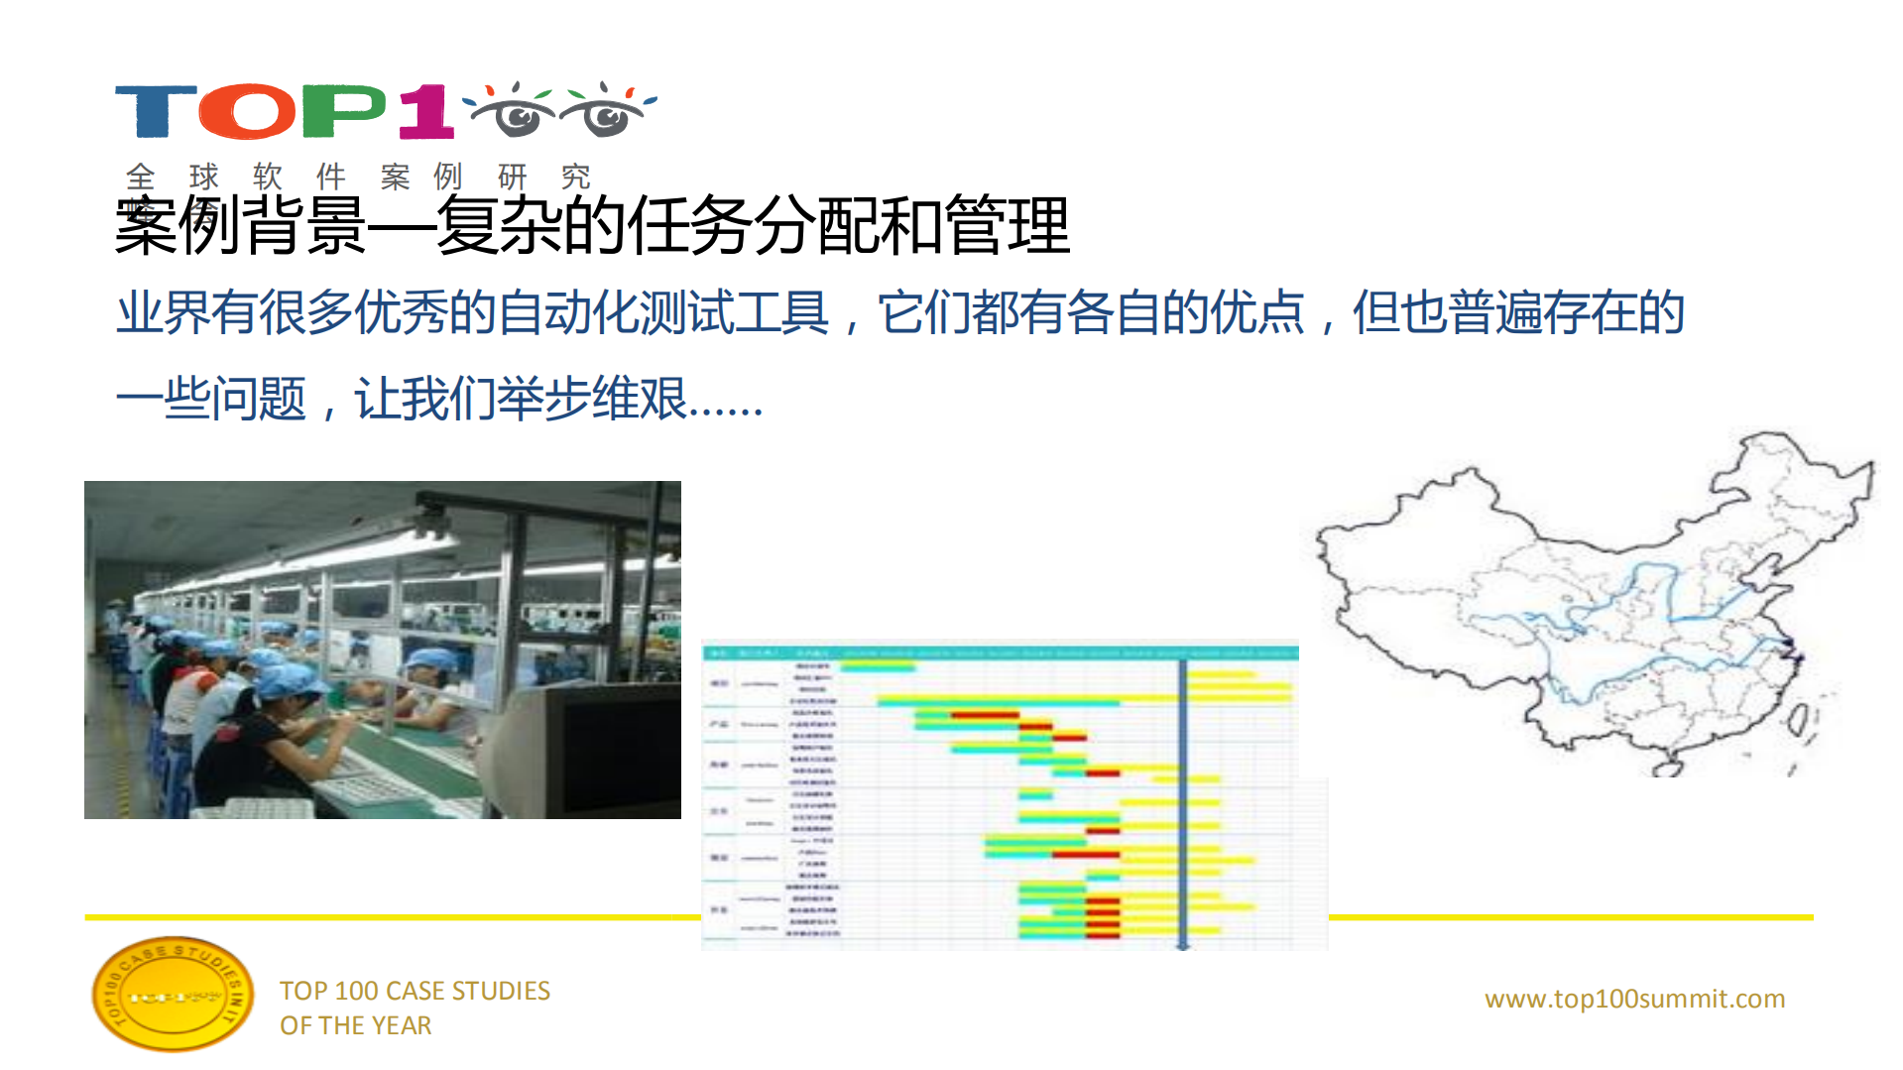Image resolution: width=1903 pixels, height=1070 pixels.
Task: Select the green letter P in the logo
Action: click(342, 111)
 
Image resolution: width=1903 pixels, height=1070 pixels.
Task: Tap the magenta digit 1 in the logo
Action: click(426, 111)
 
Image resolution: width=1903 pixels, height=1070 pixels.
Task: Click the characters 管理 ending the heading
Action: click(1008, 226)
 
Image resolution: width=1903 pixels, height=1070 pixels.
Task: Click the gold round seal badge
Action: click(172, 995)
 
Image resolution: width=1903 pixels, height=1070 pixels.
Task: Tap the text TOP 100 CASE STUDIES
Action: click(415, 991)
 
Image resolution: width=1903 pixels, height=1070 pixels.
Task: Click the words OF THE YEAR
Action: click(355, 1025)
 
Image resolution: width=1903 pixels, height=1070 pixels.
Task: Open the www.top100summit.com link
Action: click(1634, 999)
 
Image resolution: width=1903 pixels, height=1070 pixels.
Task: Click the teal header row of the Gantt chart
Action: click(1000, 653)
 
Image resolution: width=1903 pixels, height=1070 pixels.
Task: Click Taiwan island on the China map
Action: click(1797, 721)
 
